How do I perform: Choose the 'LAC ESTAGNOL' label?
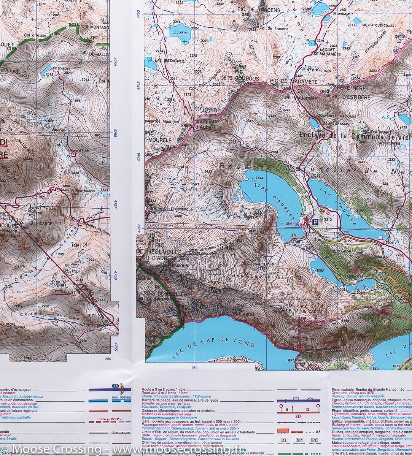click(170, 60)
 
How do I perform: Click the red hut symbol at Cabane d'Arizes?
click(74, 154)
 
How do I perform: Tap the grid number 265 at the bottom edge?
click(195, 367)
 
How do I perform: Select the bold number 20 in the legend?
click(298, 416)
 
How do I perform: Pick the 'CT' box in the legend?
click(283, 440)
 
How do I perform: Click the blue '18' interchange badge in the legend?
click(115, 386)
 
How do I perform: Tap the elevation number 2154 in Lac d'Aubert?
click(259, 178)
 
